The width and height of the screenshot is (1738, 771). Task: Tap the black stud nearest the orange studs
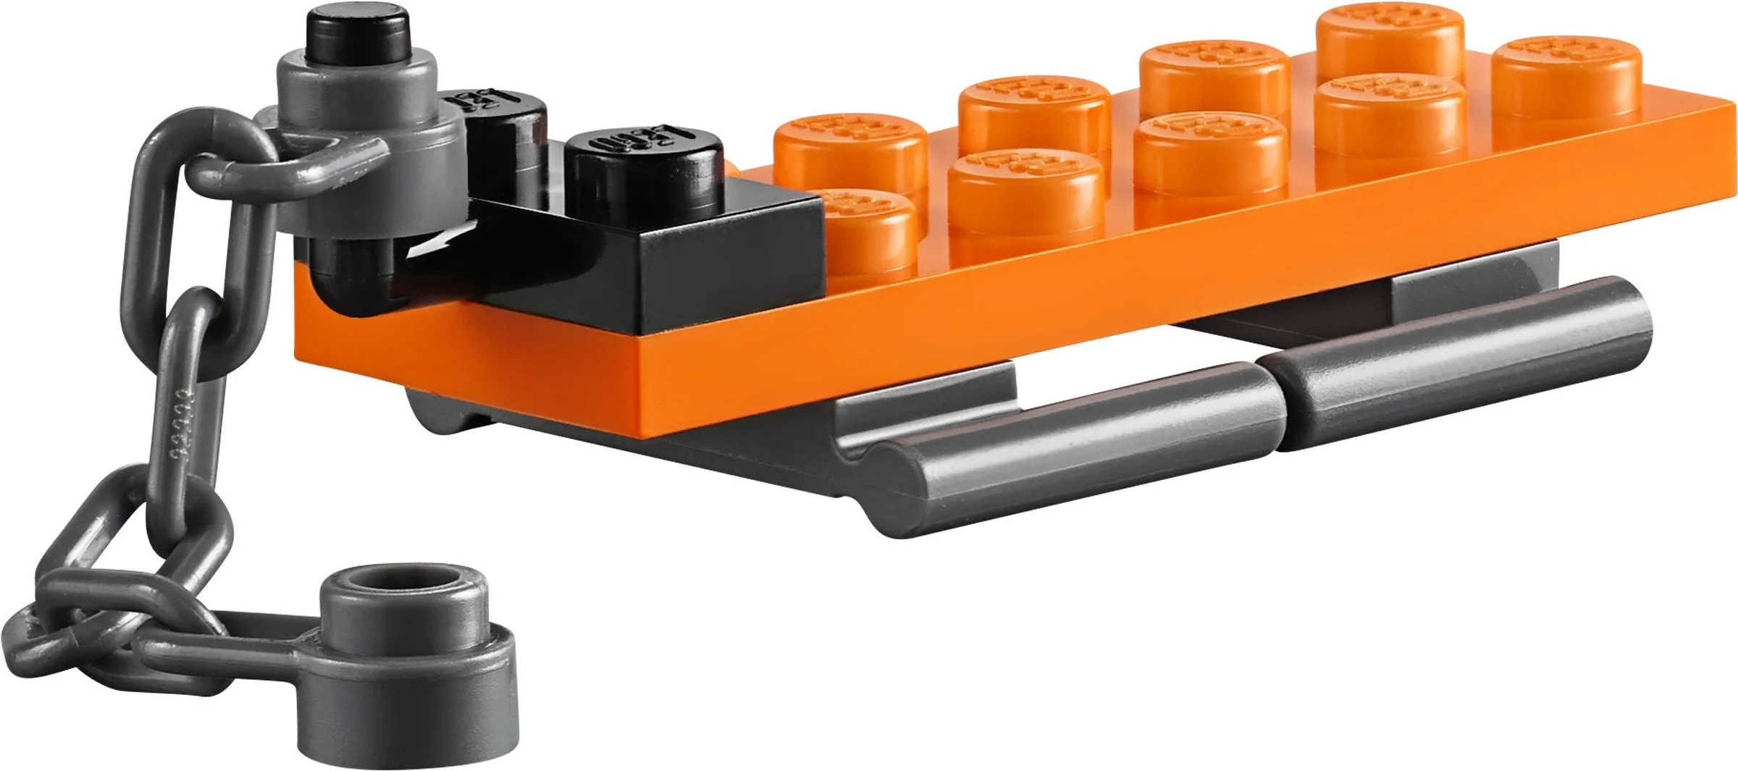point(645,167)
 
